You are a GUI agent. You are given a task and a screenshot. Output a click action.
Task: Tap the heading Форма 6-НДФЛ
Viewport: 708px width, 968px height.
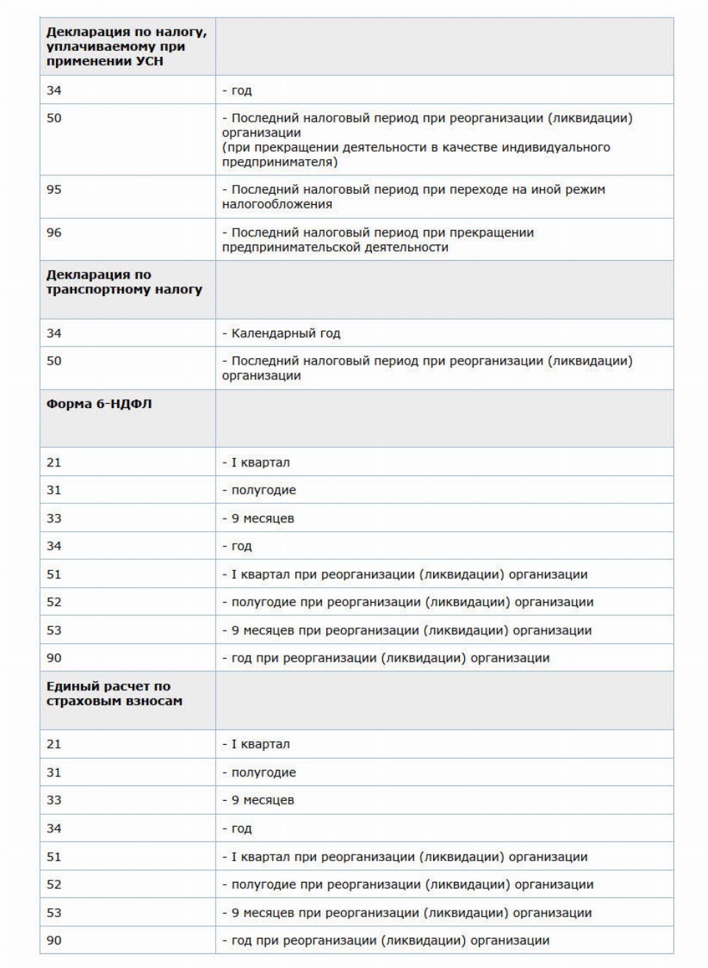pos(99,404)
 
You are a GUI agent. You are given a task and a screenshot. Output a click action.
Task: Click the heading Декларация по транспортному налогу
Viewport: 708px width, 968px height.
pos(124,282)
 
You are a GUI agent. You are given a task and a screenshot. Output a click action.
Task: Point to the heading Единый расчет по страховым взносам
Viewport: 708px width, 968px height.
pos(114,693)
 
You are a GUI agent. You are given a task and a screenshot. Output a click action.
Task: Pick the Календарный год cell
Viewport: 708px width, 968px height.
pos(285,333)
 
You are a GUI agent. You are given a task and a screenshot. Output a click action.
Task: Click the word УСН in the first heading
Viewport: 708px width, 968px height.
pos(150,61)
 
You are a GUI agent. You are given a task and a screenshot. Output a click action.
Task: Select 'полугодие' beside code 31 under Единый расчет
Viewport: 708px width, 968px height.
pos(263,773)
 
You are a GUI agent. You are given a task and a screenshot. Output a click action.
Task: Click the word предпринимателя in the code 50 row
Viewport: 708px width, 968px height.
pos(280,162)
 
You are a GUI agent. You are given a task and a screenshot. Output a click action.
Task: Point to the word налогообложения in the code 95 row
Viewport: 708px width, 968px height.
pos(277,204)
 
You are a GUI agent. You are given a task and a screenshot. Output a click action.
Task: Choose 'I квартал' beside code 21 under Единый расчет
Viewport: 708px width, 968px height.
pos(260,744)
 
